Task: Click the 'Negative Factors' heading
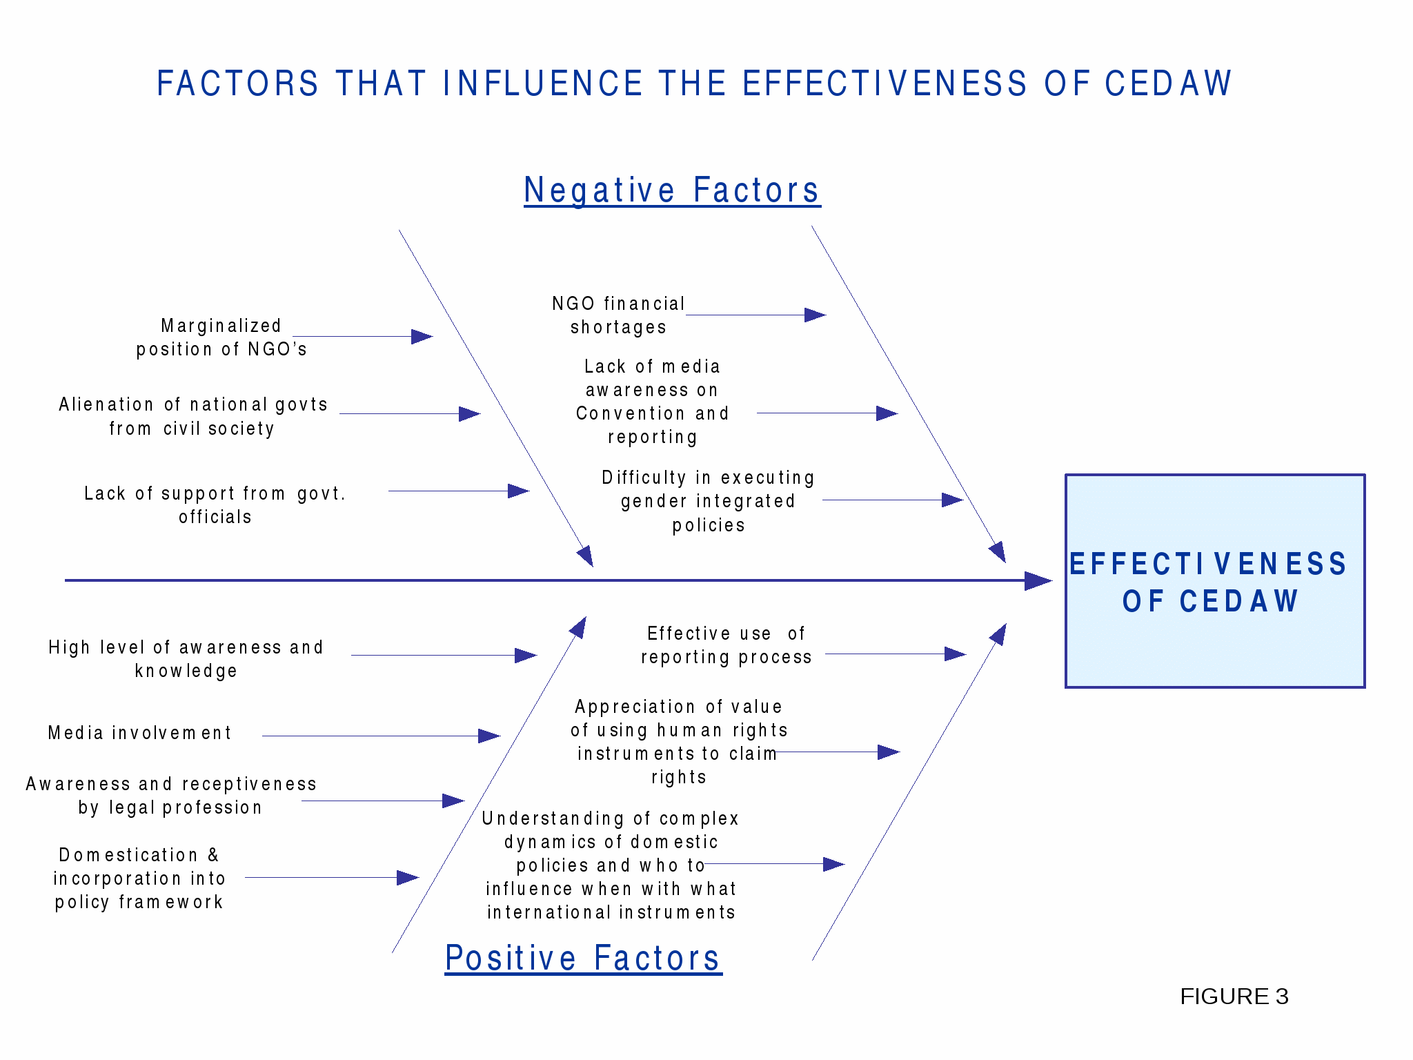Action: (672, 190)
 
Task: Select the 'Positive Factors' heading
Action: (583, 958)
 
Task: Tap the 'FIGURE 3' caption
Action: (1234, 997)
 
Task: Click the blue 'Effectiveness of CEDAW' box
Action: (1215, 581)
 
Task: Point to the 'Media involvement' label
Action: (140, 733)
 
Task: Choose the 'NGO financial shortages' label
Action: (618, 315)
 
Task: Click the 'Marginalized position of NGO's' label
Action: (221, 337)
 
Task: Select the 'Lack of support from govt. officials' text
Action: (215, 505)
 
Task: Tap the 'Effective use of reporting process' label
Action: (726, 645)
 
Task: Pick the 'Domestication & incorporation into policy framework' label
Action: (139, 879)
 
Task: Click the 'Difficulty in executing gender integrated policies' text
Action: (709, 501)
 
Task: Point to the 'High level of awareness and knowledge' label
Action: (186, 659)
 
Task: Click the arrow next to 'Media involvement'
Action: (381, 736)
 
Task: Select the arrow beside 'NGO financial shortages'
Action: (756, 315)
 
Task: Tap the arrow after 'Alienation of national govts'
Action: (410, 414)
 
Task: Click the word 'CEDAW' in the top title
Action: (1168, 84)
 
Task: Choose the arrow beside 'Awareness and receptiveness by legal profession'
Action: (383, 801)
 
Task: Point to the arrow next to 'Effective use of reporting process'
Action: (896, 654)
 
